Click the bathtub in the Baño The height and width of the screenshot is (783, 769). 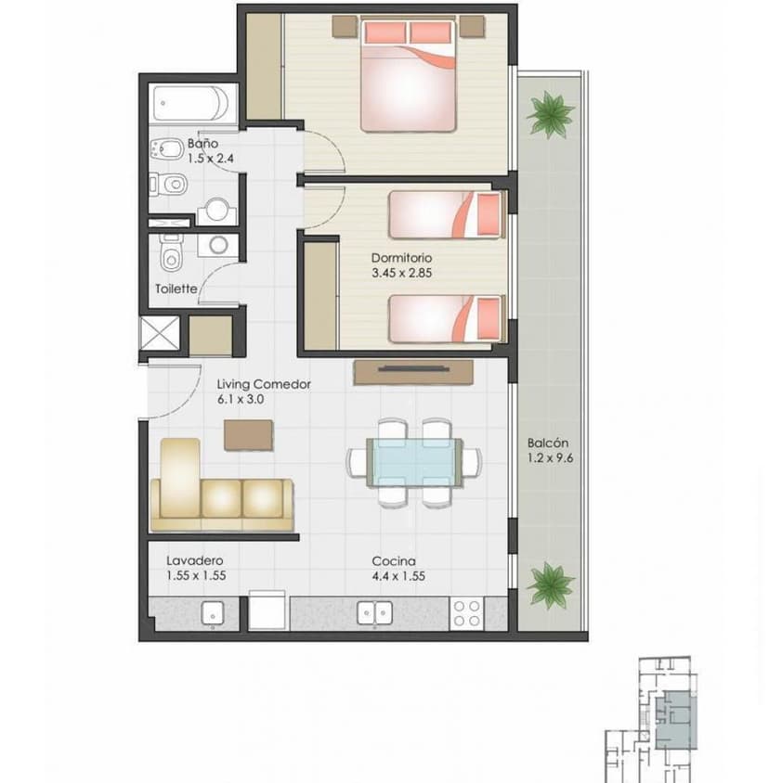(x=193, y=104)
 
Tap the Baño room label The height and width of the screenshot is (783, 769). (x=202, y=144)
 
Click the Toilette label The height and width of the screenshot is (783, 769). (x=176, y=289)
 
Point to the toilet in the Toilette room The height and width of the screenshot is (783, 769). (x=171, y=251)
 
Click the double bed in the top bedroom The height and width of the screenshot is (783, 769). (x=409, y=76)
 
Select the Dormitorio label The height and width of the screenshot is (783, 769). (x=401, y=258)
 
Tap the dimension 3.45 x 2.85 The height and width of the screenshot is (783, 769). (x=403, y=273)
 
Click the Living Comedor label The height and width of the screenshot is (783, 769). (x=263, y=384)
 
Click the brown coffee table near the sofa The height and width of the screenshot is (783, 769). (x=249, y=434)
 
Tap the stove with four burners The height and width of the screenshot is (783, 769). (x=466, y=612)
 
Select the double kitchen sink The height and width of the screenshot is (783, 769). (x=376, y=612)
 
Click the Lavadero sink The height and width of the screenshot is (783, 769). (x=214, y=612)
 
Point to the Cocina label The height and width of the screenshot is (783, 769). (x=393, y=560)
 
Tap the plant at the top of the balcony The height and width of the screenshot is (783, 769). (x=549, y=114)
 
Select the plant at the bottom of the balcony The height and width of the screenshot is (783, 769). (x=549, y=584)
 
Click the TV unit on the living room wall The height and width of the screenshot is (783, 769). (x=413, y=370)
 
